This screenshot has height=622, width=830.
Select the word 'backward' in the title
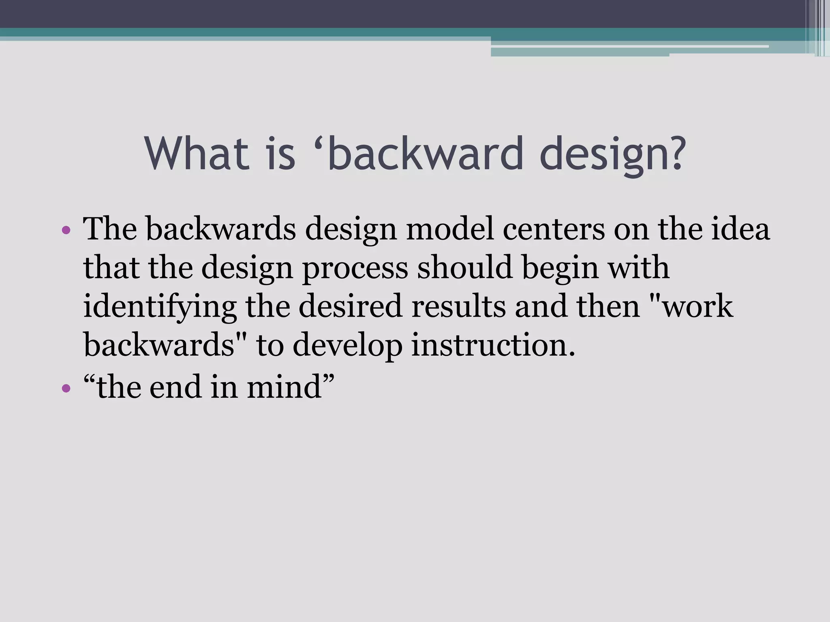426,154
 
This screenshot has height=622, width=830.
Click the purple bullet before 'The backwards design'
66,231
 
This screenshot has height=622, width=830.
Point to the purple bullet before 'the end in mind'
66,389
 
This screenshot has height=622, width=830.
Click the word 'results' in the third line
458,307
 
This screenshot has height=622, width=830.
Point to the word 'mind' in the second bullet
284,387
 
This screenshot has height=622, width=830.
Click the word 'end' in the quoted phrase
175,387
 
